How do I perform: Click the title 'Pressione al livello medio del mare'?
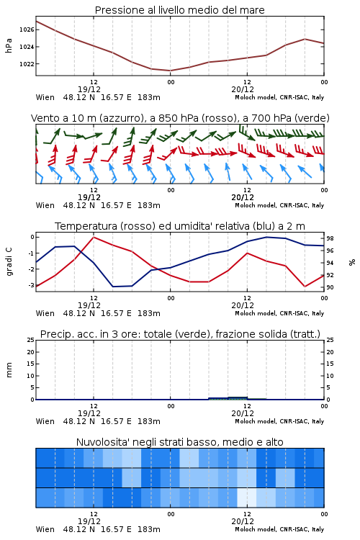(x=179, y=10)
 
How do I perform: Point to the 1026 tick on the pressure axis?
(x=27, y=30)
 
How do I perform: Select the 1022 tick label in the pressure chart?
(x=27, y=64)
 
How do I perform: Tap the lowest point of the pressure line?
(x=170, y=71)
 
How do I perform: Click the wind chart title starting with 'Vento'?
(x=180, y=118)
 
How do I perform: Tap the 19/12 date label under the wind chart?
(x=89, y=197)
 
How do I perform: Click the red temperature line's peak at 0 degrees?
(x=94, y=237)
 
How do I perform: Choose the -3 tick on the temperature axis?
(x=31, y=285)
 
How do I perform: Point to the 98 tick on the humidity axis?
(x=330, y=238)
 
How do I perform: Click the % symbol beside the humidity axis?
(x=352, y=262)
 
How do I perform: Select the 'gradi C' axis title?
(x=9, y=262)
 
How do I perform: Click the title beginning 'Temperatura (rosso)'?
(x=180, y=226)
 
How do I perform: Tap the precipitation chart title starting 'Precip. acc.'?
(x=180, y=334)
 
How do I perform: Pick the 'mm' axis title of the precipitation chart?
(x=9, y=370)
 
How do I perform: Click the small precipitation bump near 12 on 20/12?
(x=238, y=398)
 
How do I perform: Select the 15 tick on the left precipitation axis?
(x=31, y=364)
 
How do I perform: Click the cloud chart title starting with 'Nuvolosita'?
(x=179, y=442)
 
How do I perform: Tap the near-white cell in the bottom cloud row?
(x=247, y=498)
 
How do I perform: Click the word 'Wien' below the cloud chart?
(x=45, y=529)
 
